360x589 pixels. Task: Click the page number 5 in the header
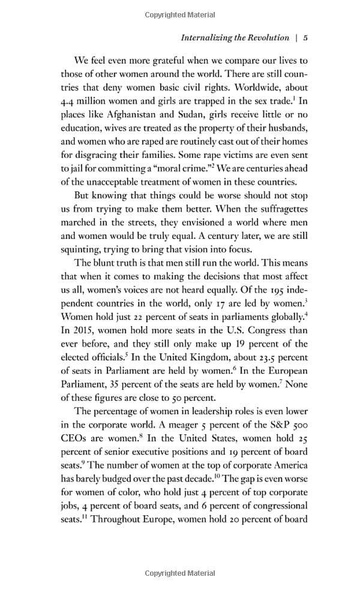pyautogui.click(x=305, y=38)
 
